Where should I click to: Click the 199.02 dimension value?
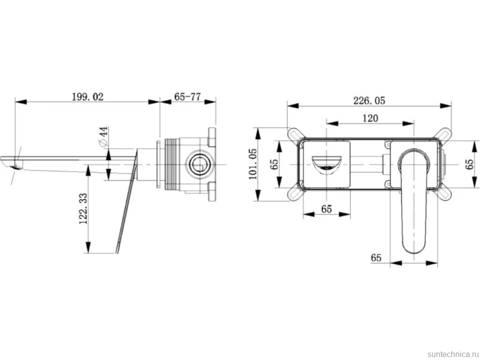[88, 97]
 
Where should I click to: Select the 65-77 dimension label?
[188, 97]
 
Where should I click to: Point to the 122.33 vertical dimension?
[83, 209]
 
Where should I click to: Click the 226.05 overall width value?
[369, 100]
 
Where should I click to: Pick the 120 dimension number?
[370, 118]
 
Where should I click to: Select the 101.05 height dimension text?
[253, 164]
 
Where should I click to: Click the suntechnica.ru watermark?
[453, 354]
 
